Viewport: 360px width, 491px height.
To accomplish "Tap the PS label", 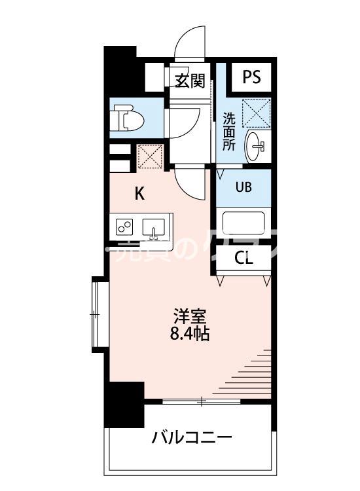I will (251, 77).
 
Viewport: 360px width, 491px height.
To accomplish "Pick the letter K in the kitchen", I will (139, 193).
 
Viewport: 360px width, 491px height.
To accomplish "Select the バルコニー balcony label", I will (192, 437).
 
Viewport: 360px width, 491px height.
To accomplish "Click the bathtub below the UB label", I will (243, 223).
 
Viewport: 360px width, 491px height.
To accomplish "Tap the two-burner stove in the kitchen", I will (125, 227).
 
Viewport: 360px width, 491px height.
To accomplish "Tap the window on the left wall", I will (98, 315).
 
